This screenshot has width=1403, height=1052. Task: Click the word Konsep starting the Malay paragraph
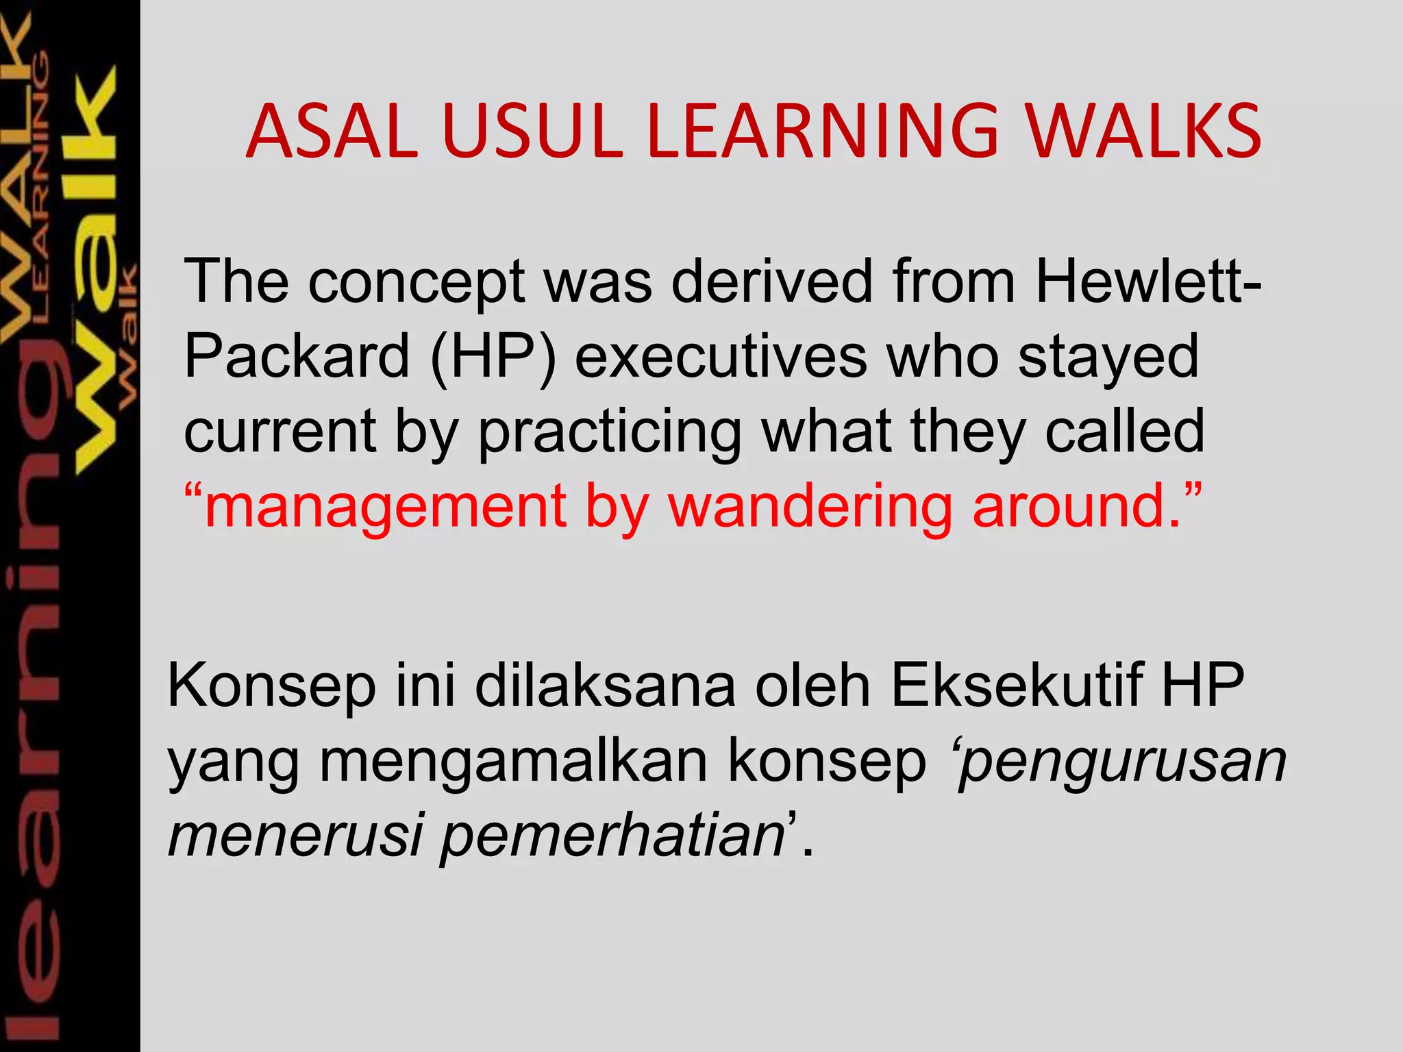click(271, 686)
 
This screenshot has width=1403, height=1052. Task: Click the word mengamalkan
click(514, 762)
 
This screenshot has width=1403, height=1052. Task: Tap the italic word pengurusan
click(1123, 763)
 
